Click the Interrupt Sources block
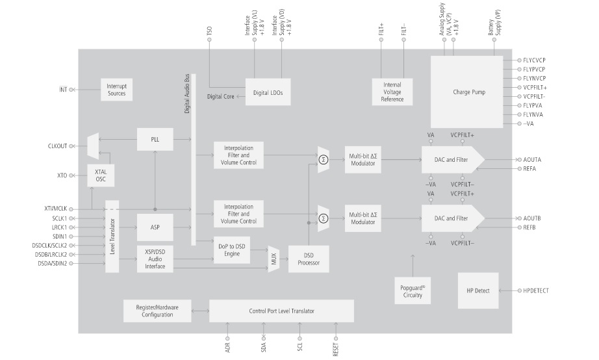(x=117, y=90)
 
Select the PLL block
(x=155, y=139)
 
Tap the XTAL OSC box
(x=100, y=175)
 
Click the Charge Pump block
(x=468, y=92)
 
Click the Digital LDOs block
(x=268, y=92)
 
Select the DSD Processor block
(x=309, y=259)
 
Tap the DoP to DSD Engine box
(x=232, y=249)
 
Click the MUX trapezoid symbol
(x=273, y=259)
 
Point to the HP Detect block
(x=478, y=290)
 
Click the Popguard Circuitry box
(x=413, y=290)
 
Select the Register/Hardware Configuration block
(x=155, y=311)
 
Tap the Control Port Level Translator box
(x=281, y=311)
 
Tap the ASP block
(x=155, y=227)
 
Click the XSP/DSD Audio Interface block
(x=155, y=259)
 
